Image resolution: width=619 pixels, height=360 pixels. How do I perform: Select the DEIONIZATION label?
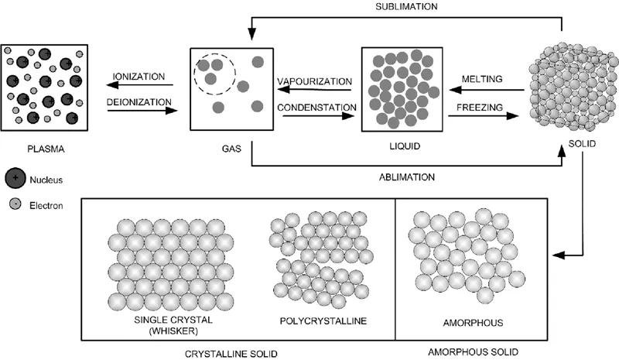pyautogui.click(x=139, y=101)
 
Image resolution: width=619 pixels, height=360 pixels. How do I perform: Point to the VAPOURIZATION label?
pyautogui.click(x=314, y=81)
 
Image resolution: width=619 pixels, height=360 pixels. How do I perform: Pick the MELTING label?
pyautogui.click(x=483, y=78)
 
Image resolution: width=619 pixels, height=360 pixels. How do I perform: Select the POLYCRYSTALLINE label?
pyautogui.click(x=316, y=321)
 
